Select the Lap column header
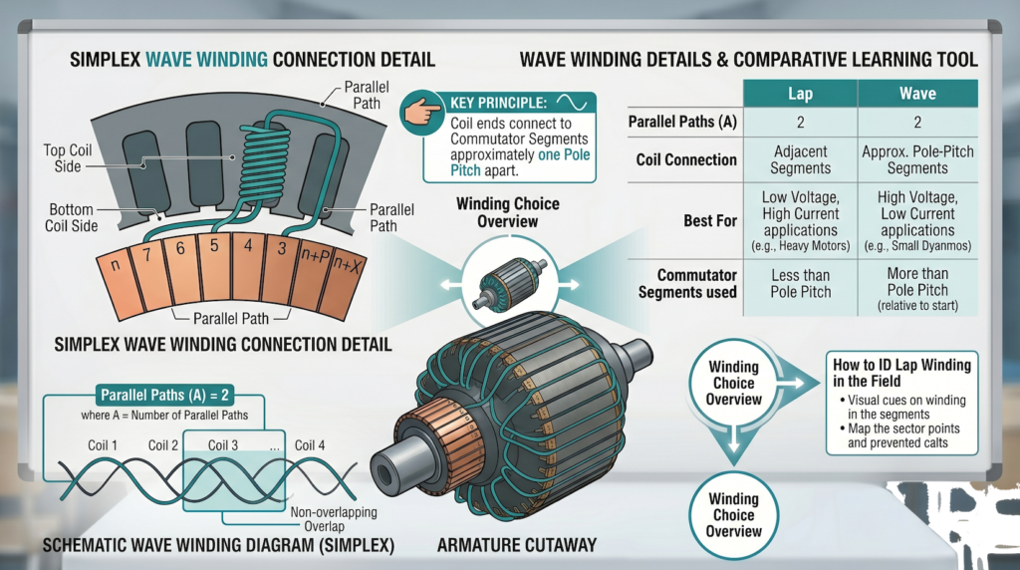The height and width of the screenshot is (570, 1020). point(800,94)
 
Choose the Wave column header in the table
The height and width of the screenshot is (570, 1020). point(916,94)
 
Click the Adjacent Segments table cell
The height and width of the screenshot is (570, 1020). point(800,160)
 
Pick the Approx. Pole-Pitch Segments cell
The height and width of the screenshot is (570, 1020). point(916,160)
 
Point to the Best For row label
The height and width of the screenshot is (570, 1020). point(710,219)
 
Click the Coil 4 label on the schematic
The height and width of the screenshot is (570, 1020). point(310,445)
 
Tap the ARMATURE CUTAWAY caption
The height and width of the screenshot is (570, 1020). point(516,545)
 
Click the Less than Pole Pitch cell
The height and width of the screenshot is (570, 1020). point(800,283)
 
